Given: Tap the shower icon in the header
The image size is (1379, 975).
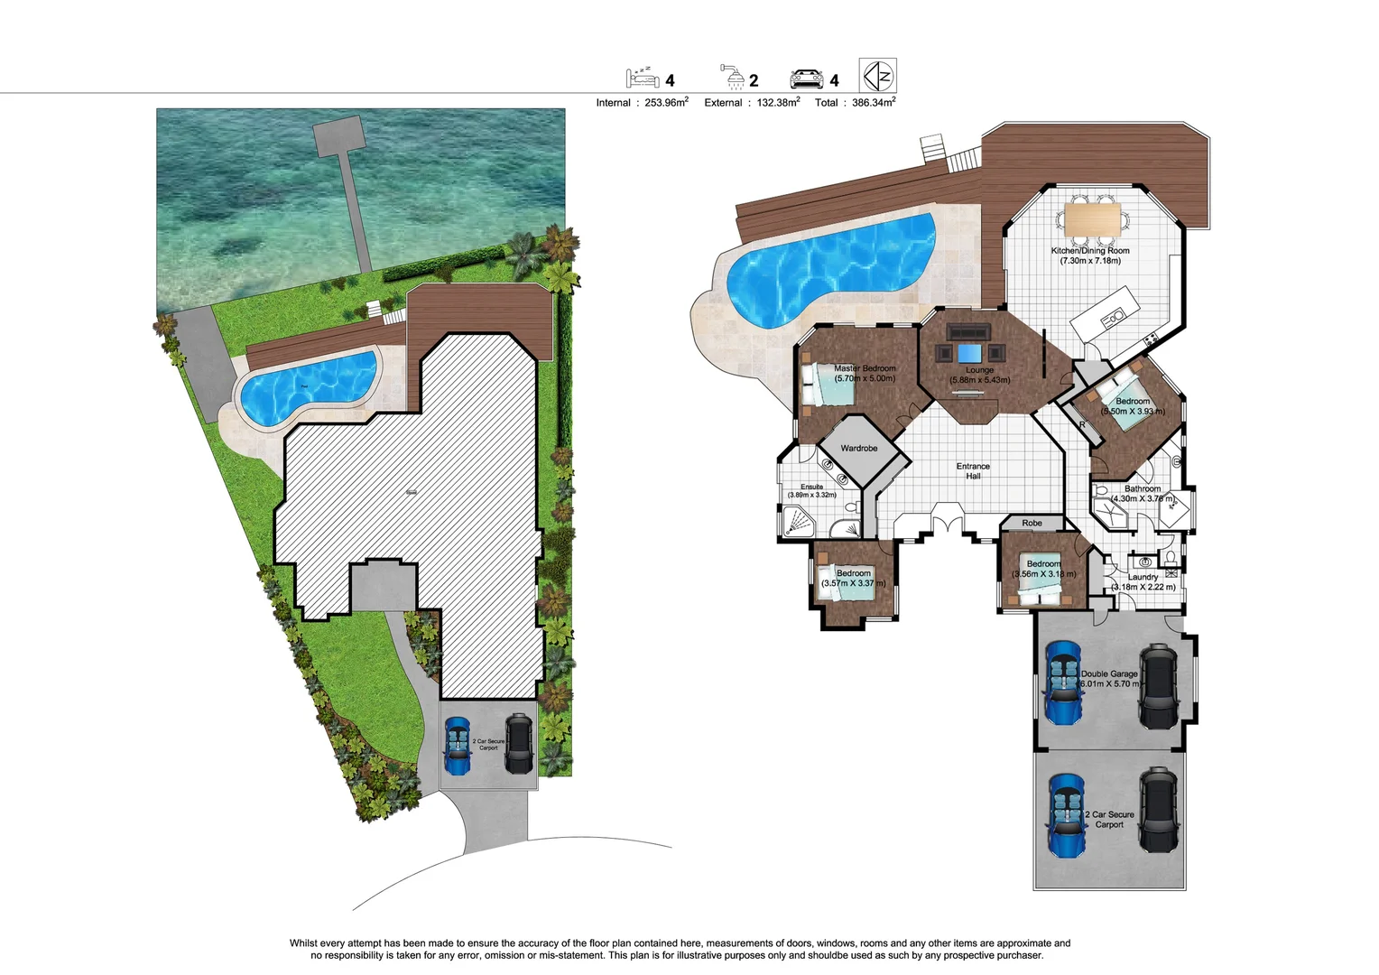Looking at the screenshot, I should click(733, 78).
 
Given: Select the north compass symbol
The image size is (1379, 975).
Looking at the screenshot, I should click(877, 75).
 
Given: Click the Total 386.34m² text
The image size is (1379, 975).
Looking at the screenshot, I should click(854, 103).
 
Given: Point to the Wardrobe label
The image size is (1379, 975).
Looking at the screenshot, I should click(858, 449).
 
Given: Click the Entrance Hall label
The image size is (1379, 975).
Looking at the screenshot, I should click(973, 471).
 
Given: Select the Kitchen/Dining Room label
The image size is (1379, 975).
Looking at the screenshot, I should click(1090, 255).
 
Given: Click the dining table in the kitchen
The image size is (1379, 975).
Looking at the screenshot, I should click(1092, 218).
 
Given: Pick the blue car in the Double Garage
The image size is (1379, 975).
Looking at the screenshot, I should click(1062, 682).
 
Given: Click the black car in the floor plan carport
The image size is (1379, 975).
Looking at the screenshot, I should click(1158, 810).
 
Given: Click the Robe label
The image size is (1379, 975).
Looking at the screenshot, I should click(1032, 524).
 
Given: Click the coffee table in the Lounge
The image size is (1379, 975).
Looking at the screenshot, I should click(969, 353).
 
